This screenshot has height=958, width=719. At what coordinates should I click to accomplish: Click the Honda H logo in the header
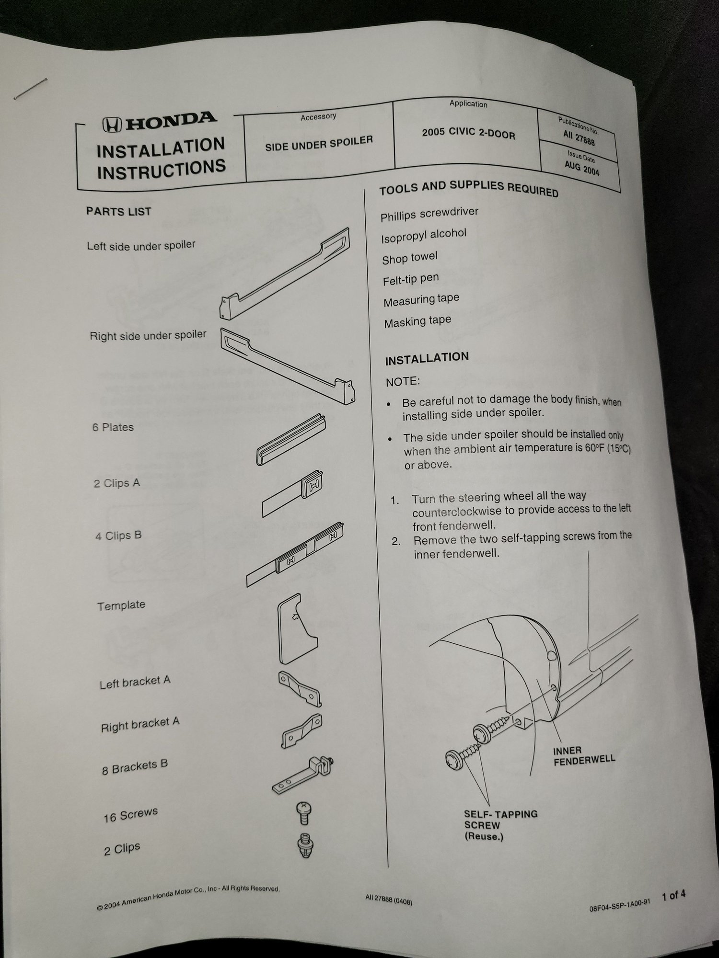111,125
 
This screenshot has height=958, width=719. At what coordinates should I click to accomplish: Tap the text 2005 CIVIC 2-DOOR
468,133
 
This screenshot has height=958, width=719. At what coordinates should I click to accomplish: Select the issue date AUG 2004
581,168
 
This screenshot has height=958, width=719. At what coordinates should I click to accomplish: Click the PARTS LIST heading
118,211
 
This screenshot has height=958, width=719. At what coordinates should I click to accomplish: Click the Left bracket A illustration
300,688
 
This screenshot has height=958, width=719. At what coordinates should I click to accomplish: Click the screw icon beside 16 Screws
303,813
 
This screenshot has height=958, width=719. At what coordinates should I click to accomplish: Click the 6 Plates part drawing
291,440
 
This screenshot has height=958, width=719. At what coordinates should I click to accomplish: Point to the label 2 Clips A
117,483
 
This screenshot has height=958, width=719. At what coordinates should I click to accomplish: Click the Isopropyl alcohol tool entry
424,235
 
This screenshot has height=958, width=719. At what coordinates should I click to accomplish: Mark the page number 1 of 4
673,895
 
